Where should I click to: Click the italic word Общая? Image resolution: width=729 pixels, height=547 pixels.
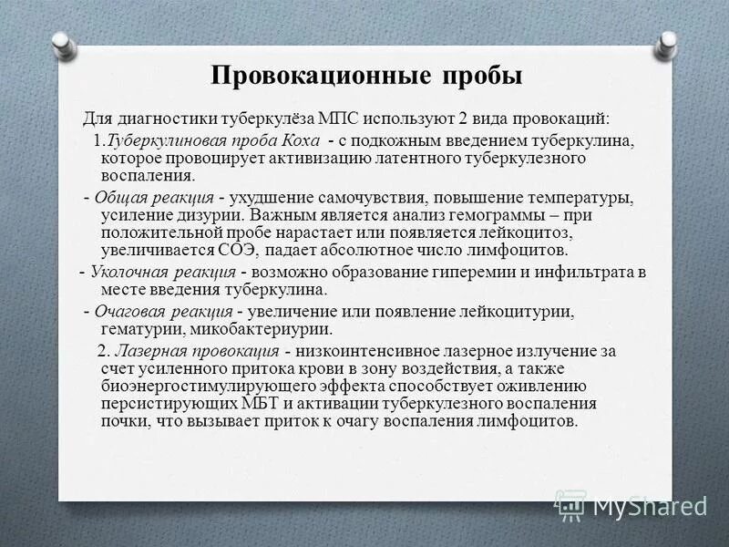click(121, 198)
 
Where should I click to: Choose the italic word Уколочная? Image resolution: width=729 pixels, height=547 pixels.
click(128, 273)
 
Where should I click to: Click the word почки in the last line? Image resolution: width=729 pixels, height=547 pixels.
click(124, 421)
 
